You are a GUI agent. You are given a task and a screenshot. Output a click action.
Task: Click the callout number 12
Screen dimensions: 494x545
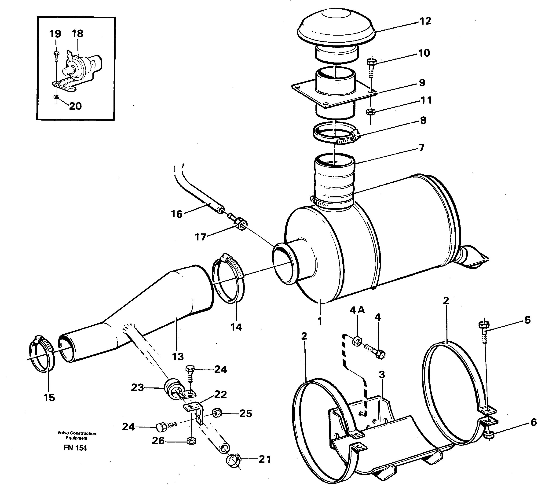point(425,21)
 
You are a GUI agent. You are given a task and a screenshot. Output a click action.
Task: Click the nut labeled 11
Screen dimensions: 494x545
point(370,111)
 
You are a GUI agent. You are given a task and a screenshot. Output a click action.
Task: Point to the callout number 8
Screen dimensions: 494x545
point(423,120)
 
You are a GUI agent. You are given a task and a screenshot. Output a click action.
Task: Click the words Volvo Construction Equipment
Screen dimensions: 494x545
point(77,435)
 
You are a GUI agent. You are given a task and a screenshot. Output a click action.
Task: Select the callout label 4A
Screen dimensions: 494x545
point(357,310)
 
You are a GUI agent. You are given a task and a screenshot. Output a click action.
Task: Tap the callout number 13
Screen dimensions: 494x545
point(178,357)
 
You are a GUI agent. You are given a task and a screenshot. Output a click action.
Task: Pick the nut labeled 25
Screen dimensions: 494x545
point(217,413)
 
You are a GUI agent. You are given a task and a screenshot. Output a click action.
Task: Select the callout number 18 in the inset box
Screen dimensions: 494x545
point(78,34)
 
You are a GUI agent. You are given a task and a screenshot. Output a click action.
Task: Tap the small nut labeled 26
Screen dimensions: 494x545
point(191,441)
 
